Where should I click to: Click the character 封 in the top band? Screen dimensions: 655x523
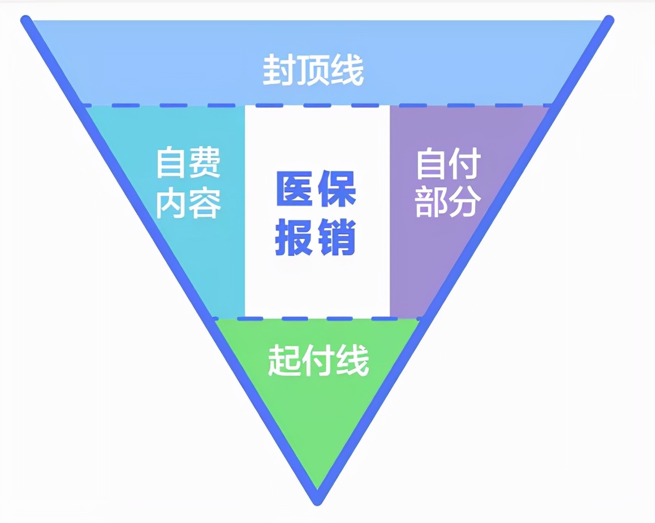pyautogui.click(x=279, y=70)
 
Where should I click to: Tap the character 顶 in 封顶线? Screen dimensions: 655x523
pyautogui.click(x=313, y=70)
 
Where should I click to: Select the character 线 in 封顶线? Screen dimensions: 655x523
pyautogui.click(x=347, y=70)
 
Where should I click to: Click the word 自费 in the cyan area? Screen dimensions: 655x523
pyautogui.click(x=188, y=162)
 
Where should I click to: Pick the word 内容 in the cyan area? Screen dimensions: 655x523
pyautogui.click(x=188, y=203)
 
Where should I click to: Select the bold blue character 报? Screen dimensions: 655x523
pyautogui.click(x=295, y=237)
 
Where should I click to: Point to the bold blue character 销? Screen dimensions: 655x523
pyautogui.click(x=337, y=237)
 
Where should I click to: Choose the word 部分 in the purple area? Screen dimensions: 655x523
pyautogui.click(x=448, y=202)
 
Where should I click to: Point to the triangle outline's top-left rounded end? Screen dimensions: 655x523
pyautogui.click(x=26, y=20)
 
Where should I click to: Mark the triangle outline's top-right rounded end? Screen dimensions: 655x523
pyautogui.click(x=609, y=20)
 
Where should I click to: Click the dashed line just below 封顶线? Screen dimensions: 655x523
pyautogui.click(x=317, y=105)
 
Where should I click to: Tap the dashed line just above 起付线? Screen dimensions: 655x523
pyautogui.click(x=317, y=319)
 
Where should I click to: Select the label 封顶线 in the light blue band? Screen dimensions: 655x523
pyautogui.click(x=313, y=70)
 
